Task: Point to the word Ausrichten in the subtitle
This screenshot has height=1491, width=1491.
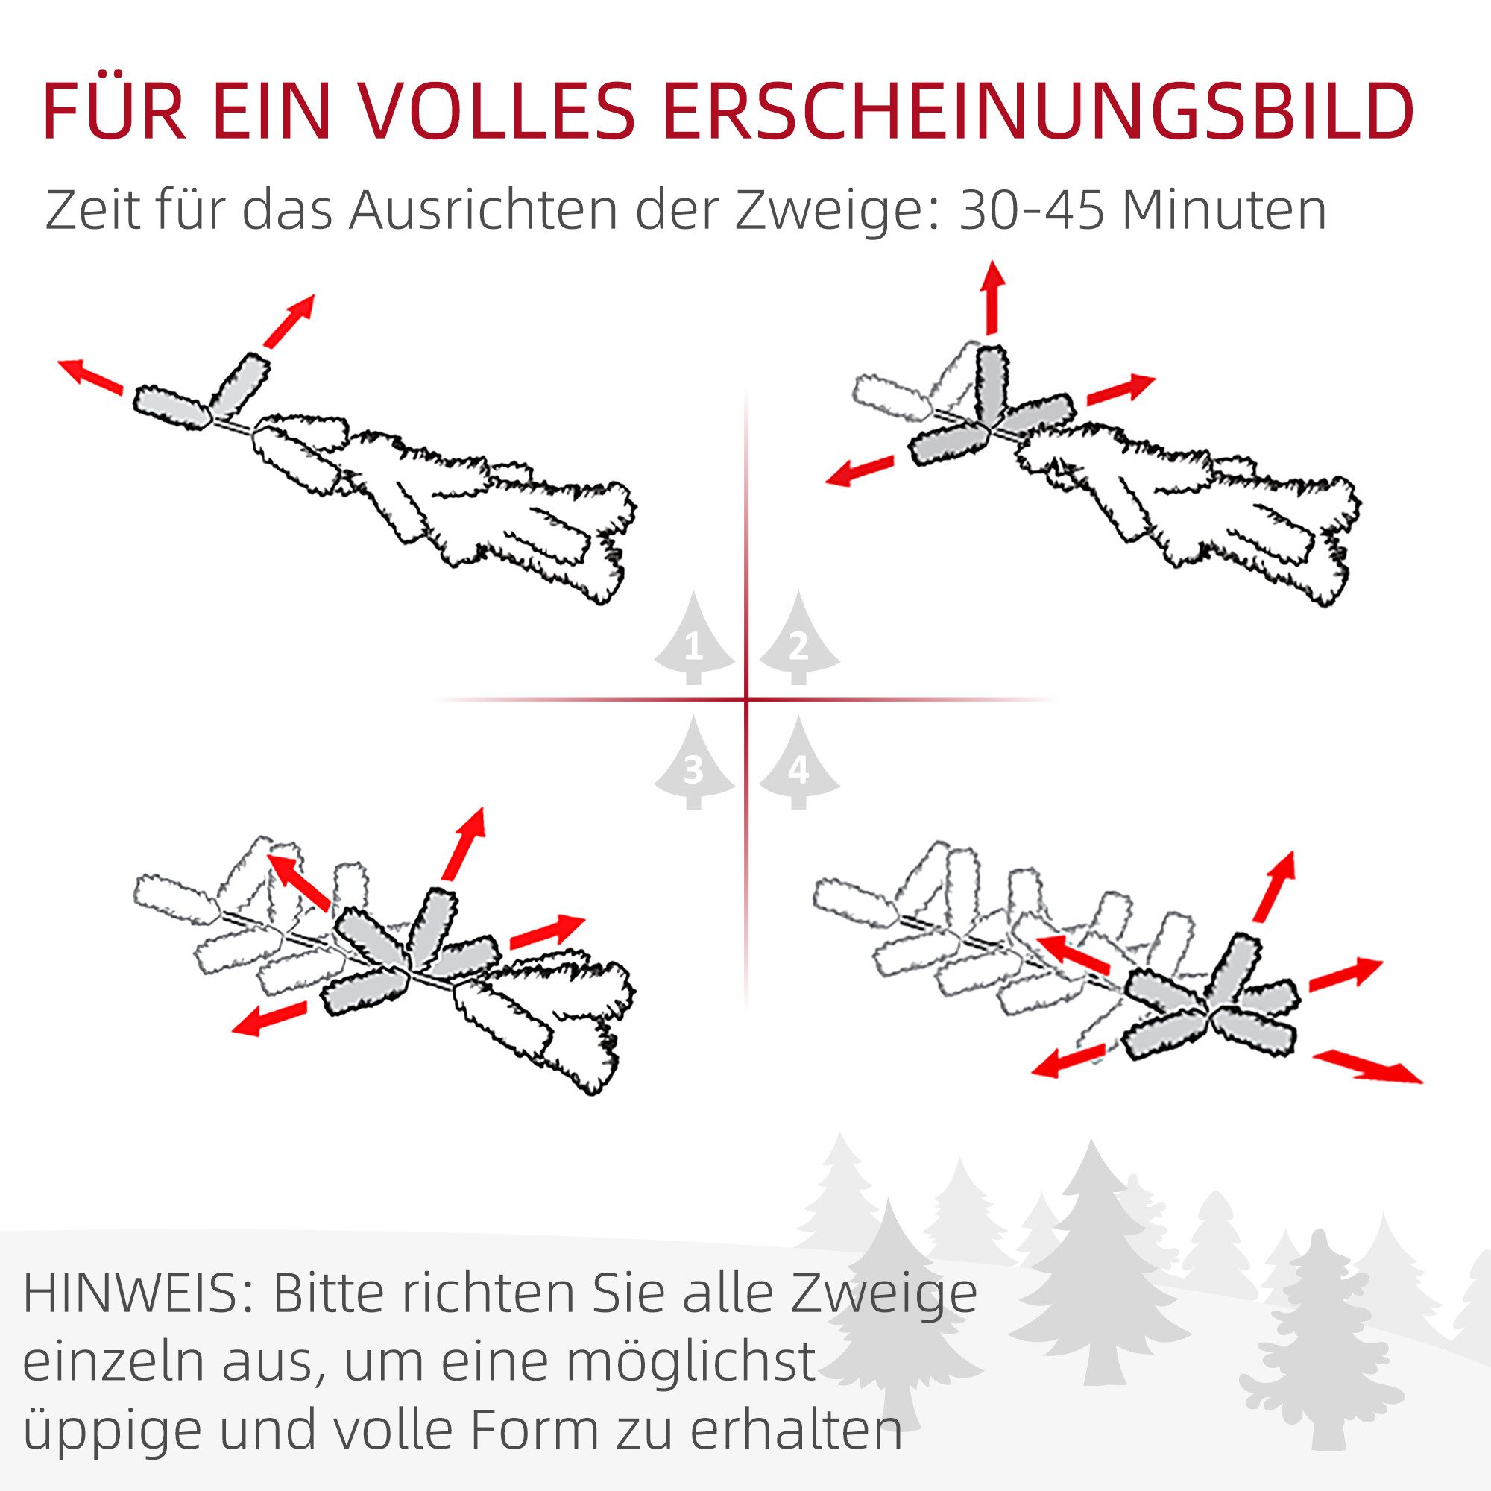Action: click(483, 209)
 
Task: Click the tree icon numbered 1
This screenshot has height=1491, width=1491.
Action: click(694, 640)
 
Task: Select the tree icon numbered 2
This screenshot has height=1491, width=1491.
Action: click(798, 640)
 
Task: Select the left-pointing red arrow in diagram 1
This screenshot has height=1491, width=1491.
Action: click(90, 376)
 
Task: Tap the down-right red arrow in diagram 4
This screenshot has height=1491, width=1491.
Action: click(1367, 1068)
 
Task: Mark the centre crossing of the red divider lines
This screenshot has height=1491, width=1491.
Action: click(746, 700)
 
